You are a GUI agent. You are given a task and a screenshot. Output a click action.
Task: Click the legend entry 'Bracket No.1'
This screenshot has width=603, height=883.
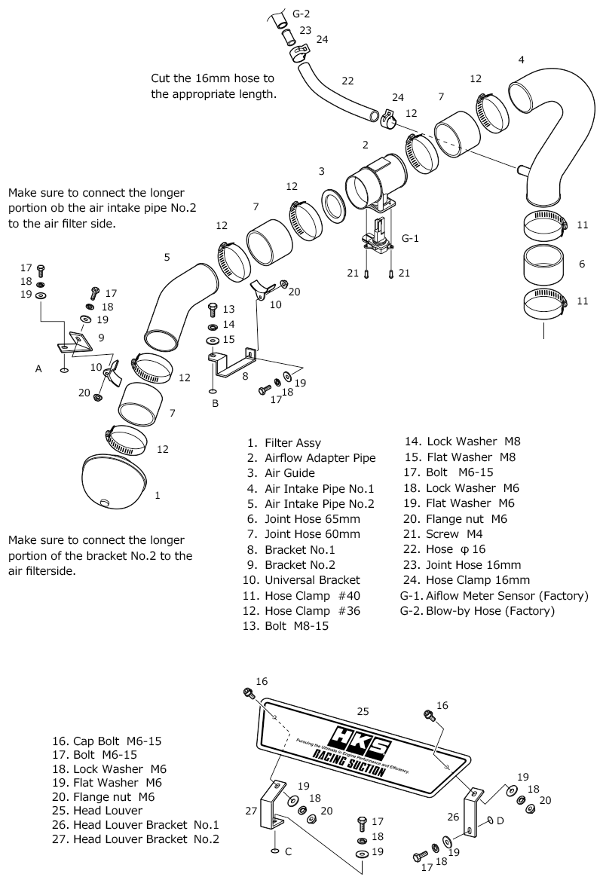[300, 550]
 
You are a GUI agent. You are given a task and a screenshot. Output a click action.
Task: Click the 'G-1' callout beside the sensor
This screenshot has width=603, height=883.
[410, 239]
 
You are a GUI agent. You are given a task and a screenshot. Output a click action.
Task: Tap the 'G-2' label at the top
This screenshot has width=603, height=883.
[301, 12]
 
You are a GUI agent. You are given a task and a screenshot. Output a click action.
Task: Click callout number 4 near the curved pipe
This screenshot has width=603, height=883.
[522, 60]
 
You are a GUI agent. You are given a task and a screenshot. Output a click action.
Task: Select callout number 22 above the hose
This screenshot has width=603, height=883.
[347, 81]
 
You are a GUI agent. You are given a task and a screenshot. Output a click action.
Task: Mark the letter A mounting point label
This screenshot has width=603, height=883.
[38, 369]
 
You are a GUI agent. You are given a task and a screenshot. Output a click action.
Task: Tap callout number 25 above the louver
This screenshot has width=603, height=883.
[363, 710]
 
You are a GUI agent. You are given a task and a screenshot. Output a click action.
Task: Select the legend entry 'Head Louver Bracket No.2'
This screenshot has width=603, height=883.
[146, 839]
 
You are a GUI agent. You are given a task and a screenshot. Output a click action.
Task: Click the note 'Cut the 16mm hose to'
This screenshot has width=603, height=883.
[213, 78]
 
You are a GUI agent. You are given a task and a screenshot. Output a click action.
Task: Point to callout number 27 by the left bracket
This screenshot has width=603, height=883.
[251, 811]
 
